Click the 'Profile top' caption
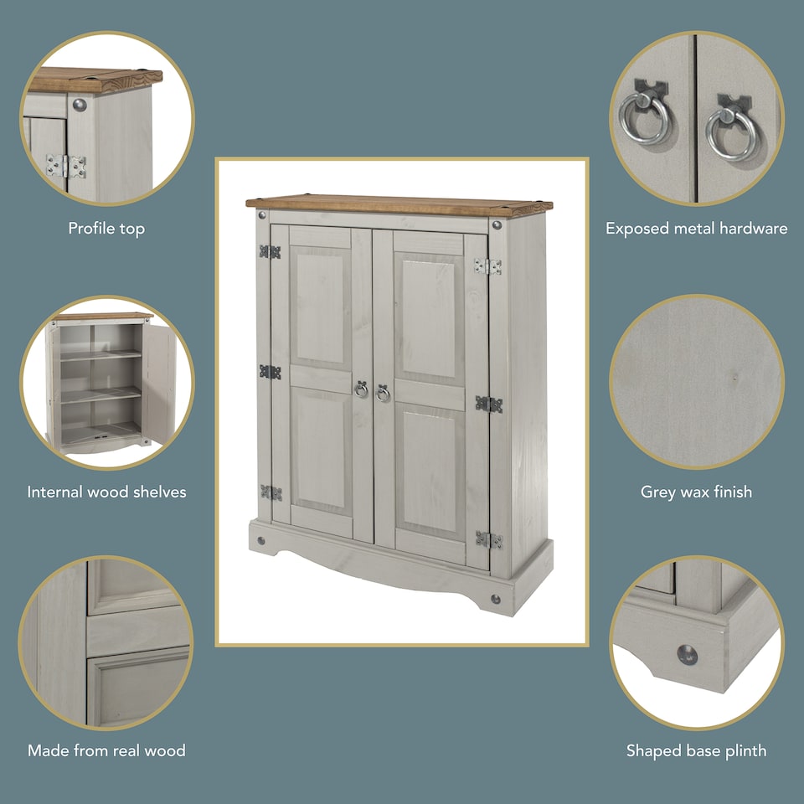click(x=106, y=229)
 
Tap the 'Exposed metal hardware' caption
click(x=696, y=229)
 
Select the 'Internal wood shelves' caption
click(x=106, y=492)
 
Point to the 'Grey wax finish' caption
click(x=696, y=492)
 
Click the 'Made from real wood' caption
click(x=106, y=750)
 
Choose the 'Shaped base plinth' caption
click(x=696, y=750)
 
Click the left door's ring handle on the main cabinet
click(x=361, y=389)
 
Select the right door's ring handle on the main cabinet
click(x=383, y=393)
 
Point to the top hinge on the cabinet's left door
click(x=270, y=251)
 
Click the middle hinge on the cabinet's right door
click(x=488, y=404)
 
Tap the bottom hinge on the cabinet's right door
click(x=488, y=540)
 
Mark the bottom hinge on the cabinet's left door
click(x=270, y=492)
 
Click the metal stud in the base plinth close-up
click(x=687, y=654)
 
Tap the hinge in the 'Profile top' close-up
click(x=66, y=166)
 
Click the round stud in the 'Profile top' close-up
click(x=80, y=105)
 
